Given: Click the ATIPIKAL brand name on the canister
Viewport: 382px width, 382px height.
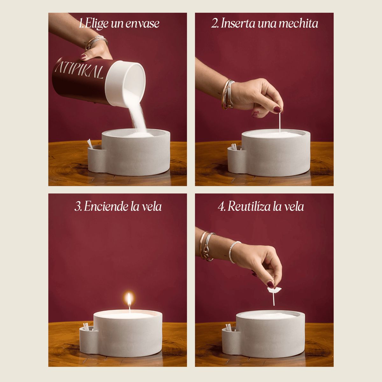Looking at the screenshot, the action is click(x=79, y=70).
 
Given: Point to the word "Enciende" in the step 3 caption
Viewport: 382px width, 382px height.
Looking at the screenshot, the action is click(x=106, y=207).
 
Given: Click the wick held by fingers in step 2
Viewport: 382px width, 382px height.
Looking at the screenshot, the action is click(x=280, y=122).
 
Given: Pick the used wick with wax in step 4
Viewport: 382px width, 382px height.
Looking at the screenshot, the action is click(x=274, y=295).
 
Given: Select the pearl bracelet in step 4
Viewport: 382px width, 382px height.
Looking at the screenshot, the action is click(x=233, y=251).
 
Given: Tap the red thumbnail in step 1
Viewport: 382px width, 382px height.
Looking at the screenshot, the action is click(x=83, y=57).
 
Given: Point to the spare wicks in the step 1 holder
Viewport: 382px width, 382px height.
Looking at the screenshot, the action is click(x=90, y=144).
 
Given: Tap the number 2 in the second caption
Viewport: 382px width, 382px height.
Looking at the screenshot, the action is click(x=214, y=24).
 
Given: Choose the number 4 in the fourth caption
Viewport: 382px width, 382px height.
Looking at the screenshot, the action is click(x=221, y=207).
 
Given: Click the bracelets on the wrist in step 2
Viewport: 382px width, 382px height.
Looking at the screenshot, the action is click(x=228, y=94).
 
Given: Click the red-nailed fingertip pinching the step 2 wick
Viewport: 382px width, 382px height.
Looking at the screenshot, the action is click(x=277, y=110).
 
